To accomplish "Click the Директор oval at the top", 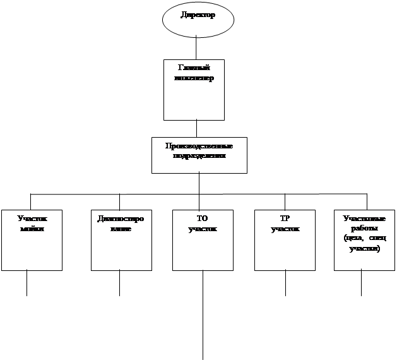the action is pyautogui.click(x=198, y=19).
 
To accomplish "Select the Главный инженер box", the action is pyautogui.click(x=194, y=90).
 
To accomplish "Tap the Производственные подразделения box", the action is pyautogui.click(x=199, y=155).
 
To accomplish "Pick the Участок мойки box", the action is pyautogui.click(x=32, y=240).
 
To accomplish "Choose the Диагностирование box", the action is pyautogui.click(x=121, y=240).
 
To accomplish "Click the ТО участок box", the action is pyautogui.click(x=203, y=240).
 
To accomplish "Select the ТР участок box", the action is pyautogui.click(x=285, y=240).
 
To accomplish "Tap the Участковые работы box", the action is pyautogui.click(x=364, y=240).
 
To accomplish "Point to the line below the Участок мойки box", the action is pyautogui.click(x=27, y=283).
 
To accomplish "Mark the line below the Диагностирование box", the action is pyautogui.click(x=119, y=283).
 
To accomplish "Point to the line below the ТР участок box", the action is pyautogui.click(x=286, y=283).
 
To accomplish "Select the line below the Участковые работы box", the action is pyautogui.click(x=362, y=283).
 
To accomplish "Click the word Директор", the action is pyautogui.click(x=198, y=15).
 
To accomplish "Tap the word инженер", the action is pyautogui.click(x=194, y=78).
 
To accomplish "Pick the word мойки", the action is pyautogui.click(x=32, y=229).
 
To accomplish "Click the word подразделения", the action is pyautogui.click(x=199, y=155).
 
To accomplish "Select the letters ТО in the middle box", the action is pyautogui.click(x=203, y=219).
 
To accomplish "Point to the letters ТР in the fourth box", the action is pyautogui.click(x=285, y=219).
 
